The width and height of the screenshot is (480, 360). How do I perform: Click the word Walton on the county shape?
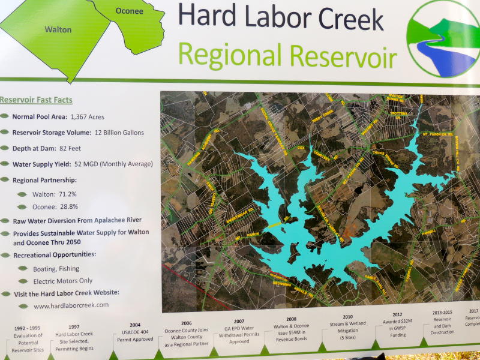click(58, 29)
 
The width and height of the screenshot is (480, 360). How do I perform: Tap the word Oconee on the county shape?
click(129, 11)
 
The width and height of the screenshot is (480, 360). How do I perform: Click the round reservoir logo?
click(443, 40)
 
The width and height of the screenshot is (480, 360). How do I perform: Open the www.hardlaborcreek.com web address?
click(71, 305)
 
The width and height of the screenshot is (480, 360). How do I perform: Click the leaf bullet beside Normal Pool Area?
click(5, 117)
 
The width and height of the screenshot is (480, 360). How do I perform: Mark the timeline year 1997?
click(74, 327)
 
